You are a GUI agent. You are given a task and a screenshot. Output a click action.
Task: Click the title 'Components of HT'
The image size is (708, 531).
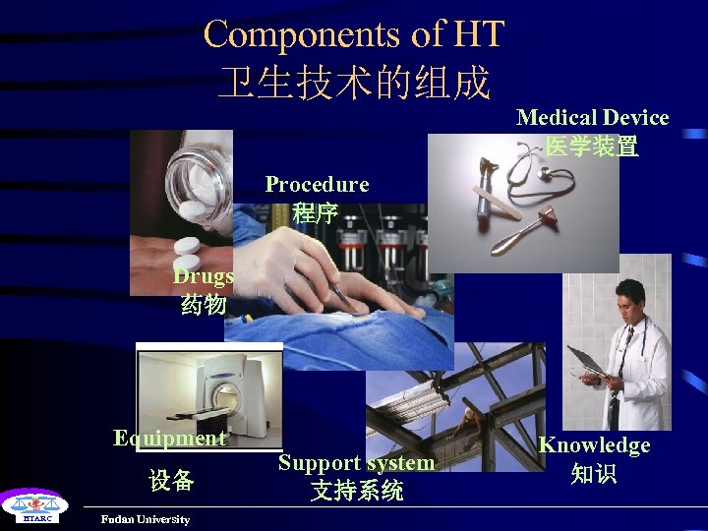(x=353, y=34)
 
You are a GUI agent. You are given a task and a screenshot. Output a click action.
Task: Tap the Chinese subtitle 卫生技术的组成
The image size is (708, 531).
(x=353, y=84)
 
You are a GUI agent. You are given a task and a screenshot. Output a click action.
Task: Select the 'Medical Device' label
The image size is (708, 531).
(x=592, y=118)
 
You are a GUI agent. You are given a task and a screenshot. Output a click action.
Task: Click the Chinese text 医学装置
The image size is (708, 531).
(x=592, y=147)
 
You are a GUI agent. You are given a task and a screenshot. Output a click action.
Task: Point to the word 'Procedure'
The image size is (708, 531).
(x=317, y=185)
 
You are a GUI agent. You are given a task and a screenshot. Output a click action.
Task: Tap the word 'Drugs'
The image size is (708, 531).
(x=204, y=276)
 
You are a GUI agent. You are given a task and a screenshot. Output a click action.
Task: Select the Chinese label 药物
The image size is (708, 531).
(x=204, y=306)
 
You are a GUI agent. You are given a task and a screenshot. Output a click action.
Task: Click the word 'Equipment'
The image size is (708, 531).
(x=170, y=439)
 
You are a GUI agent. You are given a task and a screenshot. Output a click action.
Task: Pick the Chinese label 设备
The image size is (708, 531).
(x=171, y=481)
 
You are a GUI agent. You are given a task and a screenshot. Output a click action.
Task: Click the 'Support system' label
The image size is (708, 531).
(x=356, y=462)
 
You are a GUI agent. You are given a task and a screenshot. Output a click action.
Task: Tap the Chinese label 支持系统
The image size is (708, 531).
(x=356, y=491)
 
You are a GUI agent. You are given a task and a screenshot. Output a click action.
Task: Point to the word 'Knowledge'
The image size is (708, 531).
(x=594, y=445)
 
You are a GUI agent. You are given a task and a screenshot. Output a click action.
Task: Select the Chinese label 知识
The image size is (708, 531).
(x=594, y=474)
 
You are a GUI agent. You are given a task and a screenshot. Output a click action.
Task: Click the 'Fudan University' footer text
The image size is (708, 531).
(x=145, y=519)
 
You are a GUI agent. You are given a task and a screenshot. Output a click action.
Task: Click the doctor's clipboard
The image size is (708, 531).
(x=586, y=361)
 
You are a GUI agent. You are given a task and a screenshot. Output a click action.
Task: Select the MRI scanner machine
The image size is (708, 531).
(x=221, y=388)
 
